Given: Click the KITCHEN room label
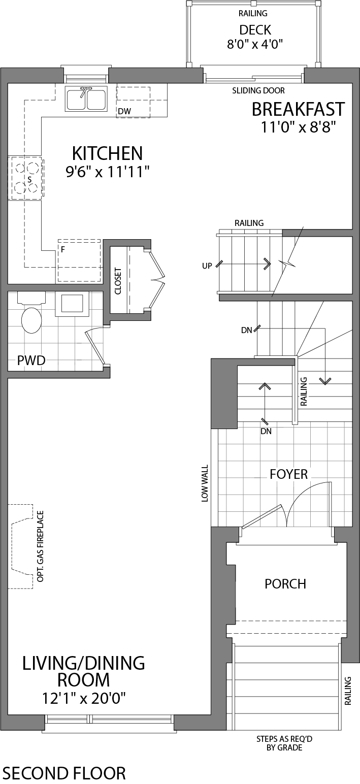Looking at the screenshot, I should [x=107, y=153].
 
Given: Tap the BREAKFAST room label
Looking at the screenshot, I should [x=298, y=109].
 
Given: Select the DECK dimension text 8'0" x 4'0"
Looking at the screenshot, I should [x=254, y=44].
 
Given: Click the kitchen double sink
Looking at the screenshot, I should [x=85, y=99].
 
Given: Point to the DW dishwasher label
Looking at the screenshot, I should [x=124, y=111].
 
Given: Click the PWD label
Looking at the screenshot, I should [x=31, y=361].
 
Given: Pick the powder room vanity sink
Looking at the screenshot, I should [x=72, y=304].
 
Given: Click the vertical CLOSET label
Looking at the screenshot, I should [x=118, y=281].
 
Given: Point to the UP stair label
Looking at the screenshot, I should [x=207, y=266].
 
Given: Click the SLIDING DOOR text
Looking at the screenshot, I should [x=258, y=91].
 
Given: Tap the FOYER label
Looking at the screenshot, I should [x=289, y=474].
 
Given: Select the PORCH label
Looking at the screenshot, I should [x=285, y=583].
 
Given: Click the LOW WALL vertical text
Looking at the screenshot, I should [x=205, y=483].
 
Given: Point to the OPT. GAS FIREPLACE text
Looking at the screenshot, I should [x=40, y=546].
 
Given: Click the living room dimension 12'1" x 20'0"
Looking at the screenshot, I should [x=84, y=699].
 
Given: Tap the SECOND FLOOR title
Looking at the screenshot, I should [x=64, y=773].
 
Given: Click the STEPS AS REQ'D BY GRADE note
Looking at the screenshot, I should [x=284, y=743].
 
